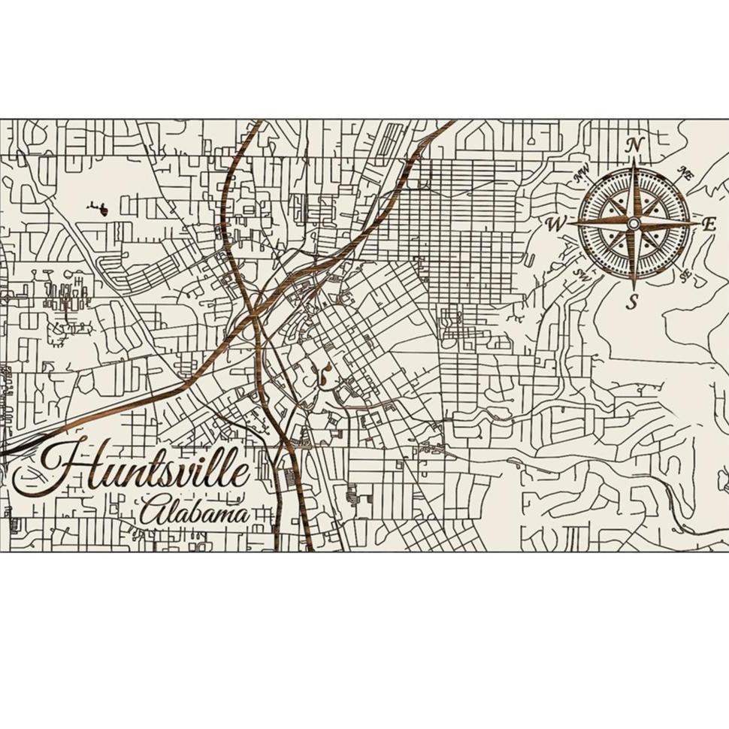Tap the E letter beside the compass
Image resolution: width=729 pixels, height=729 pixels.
708,223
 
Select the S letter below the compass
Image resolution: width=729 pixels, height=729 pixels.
633,302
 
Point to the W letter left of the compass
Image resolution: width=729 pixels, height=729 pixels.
555,224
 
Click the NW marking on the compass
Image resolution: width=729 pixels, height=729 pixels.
581,177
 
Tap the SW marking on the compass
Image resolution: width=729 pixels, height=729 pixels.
580,273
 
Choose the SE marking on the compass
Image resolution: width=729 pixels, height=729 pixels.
685,275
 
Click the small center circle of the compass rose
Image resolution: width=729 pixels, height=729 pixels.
634,223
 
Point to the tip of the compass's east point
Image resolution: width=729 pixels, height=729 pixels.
698,223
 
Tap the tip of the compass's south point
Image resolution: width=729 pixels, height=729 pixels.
634,289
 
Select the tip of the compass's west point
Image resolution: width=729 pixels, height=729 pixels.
569,223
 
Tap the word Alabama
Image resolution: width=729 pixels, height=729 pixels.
194,513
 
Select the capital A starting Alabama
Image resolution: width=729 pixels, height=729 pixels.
150,513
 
